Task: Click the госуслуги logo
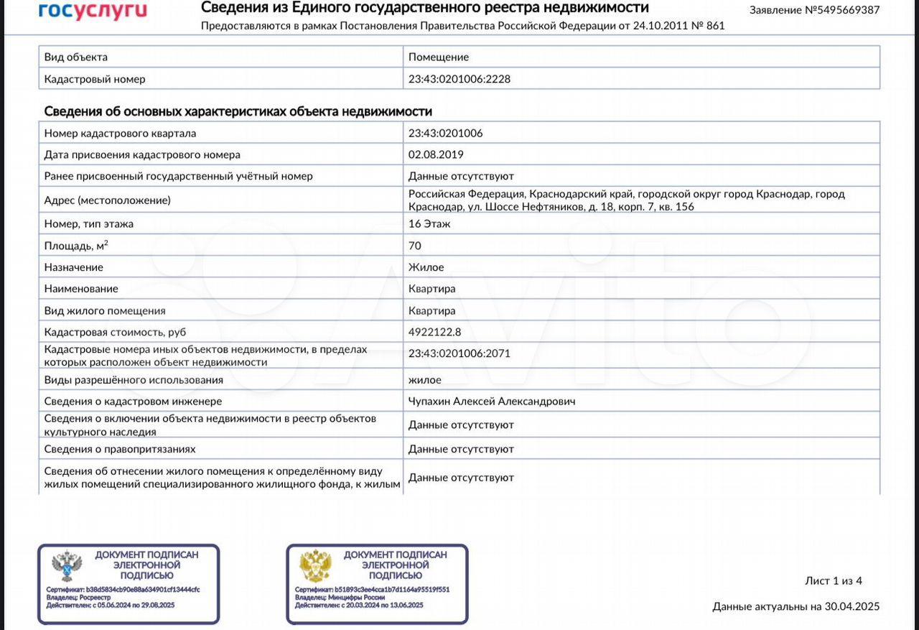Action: (x=93, y=10)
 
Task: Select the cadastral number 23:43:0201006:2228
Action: (x=459, y=79)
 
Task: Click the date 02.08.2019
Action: (x=436, y=154)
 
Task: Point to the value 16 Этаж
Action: (x=429, y=223)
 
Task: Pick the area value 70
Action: (x=415, y=246)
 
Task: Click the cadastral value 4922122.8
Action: (x=435, y=332)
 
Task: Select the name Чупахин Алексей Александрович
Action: (x=492, y=402)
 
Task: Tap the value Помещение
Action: (x=439, y=57)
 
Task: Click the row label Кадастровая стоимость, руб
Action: (x=115, y=332)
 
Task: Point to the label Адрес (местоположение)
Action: (x=108, y=200)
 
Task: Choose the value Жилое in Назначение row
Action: (x=426, y=267)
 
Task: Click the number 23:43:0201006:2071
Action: (x=459, y=353)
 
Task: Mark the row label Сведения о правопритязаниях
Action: (x=120, y=449)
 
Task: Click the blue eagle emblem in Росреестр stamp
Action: (x=67, y=567)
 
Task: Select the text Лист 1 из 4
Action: (x=834, y=581)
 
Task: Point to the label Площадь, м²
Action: (x=76, y=246)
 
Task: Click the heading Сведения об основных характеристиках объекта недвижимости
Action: (x=238, y=111)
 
